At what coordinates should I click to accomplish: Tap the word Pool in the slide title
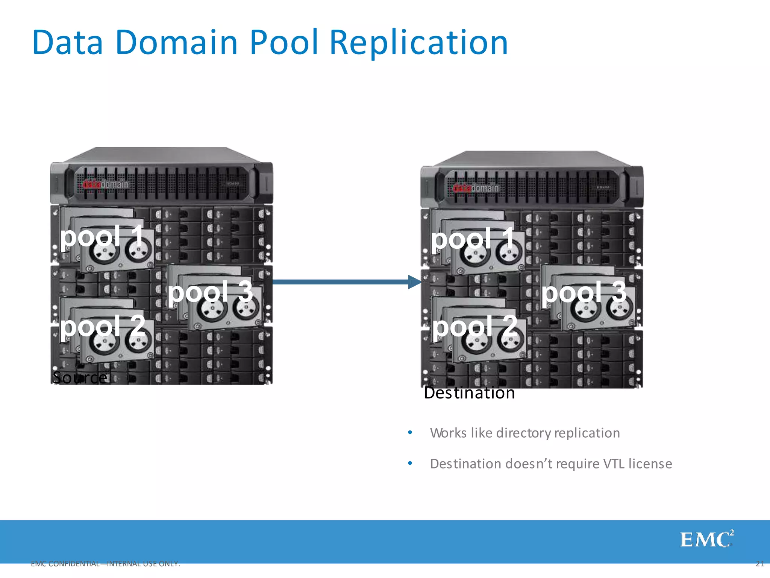pos(284,43)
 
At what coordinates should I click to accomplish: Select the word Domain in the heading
pos(177,43)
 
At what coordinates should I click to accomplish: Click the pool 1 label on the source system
pos(102,236)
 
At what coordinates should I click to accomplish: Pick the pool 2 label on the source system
pos(102,326)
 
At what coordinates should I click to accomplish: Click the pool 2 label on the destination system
pos(474,326)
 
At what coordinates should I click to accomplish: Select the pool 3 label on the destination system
pos(584,292)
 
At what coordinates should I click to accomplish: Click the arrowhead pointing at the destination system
pos(415,282)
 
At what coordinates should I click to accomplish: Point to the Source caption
pos(80,377)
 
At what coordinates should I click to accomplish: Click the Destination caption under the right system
pos(469,393)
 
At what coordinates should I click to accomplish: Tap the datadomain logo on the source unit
pos(105,184)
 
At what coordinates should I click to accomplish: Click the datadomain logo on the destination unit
pos(476,188)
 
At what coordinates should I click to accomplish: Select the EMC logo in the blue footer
pos(706,540)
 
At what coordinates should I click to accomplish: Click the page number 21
pos(760,564)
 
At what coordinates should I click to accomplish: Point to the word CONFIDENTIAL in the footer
pos(74,564)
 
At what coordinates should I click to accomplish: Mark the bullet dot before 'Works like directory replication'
pos(410,432)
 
